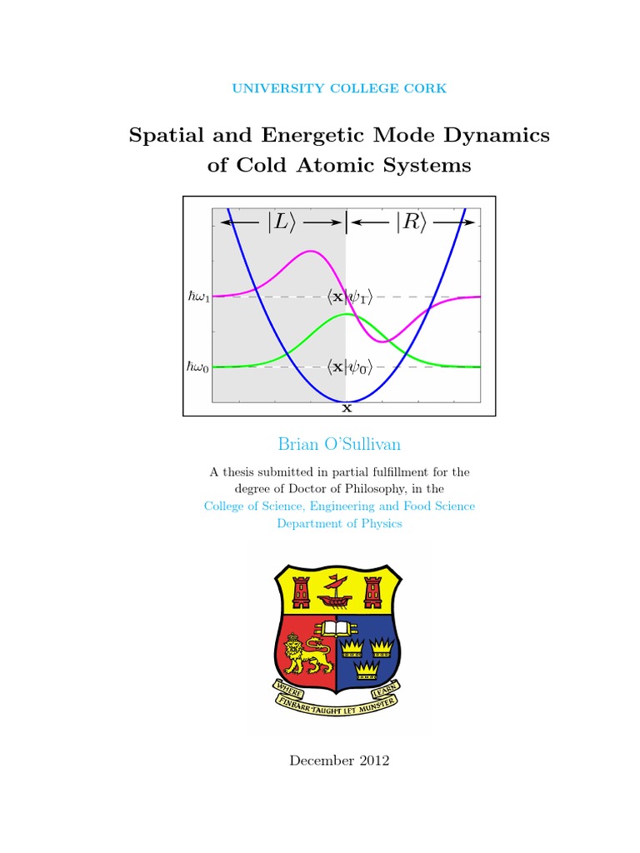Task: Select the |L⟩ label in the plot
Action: pyautogui.click(x=279, y=222)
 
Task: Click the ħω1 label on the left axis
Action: pyautogui.click(x=198, y=297)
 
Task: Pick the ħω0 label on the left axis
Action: pyautogui.click(x=198, y=367)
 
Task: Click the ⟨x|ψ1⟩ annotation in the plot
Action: pyautogui.click(x=349, y=296)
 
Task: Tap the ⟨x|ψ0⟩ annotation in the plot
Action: pyautogui.click(x=349, y=367)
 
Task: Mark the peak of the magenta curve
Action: pyautogui.click(x=311, y=252)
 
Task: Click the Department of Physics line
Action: pyautogui.click(x=339, y=523)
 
